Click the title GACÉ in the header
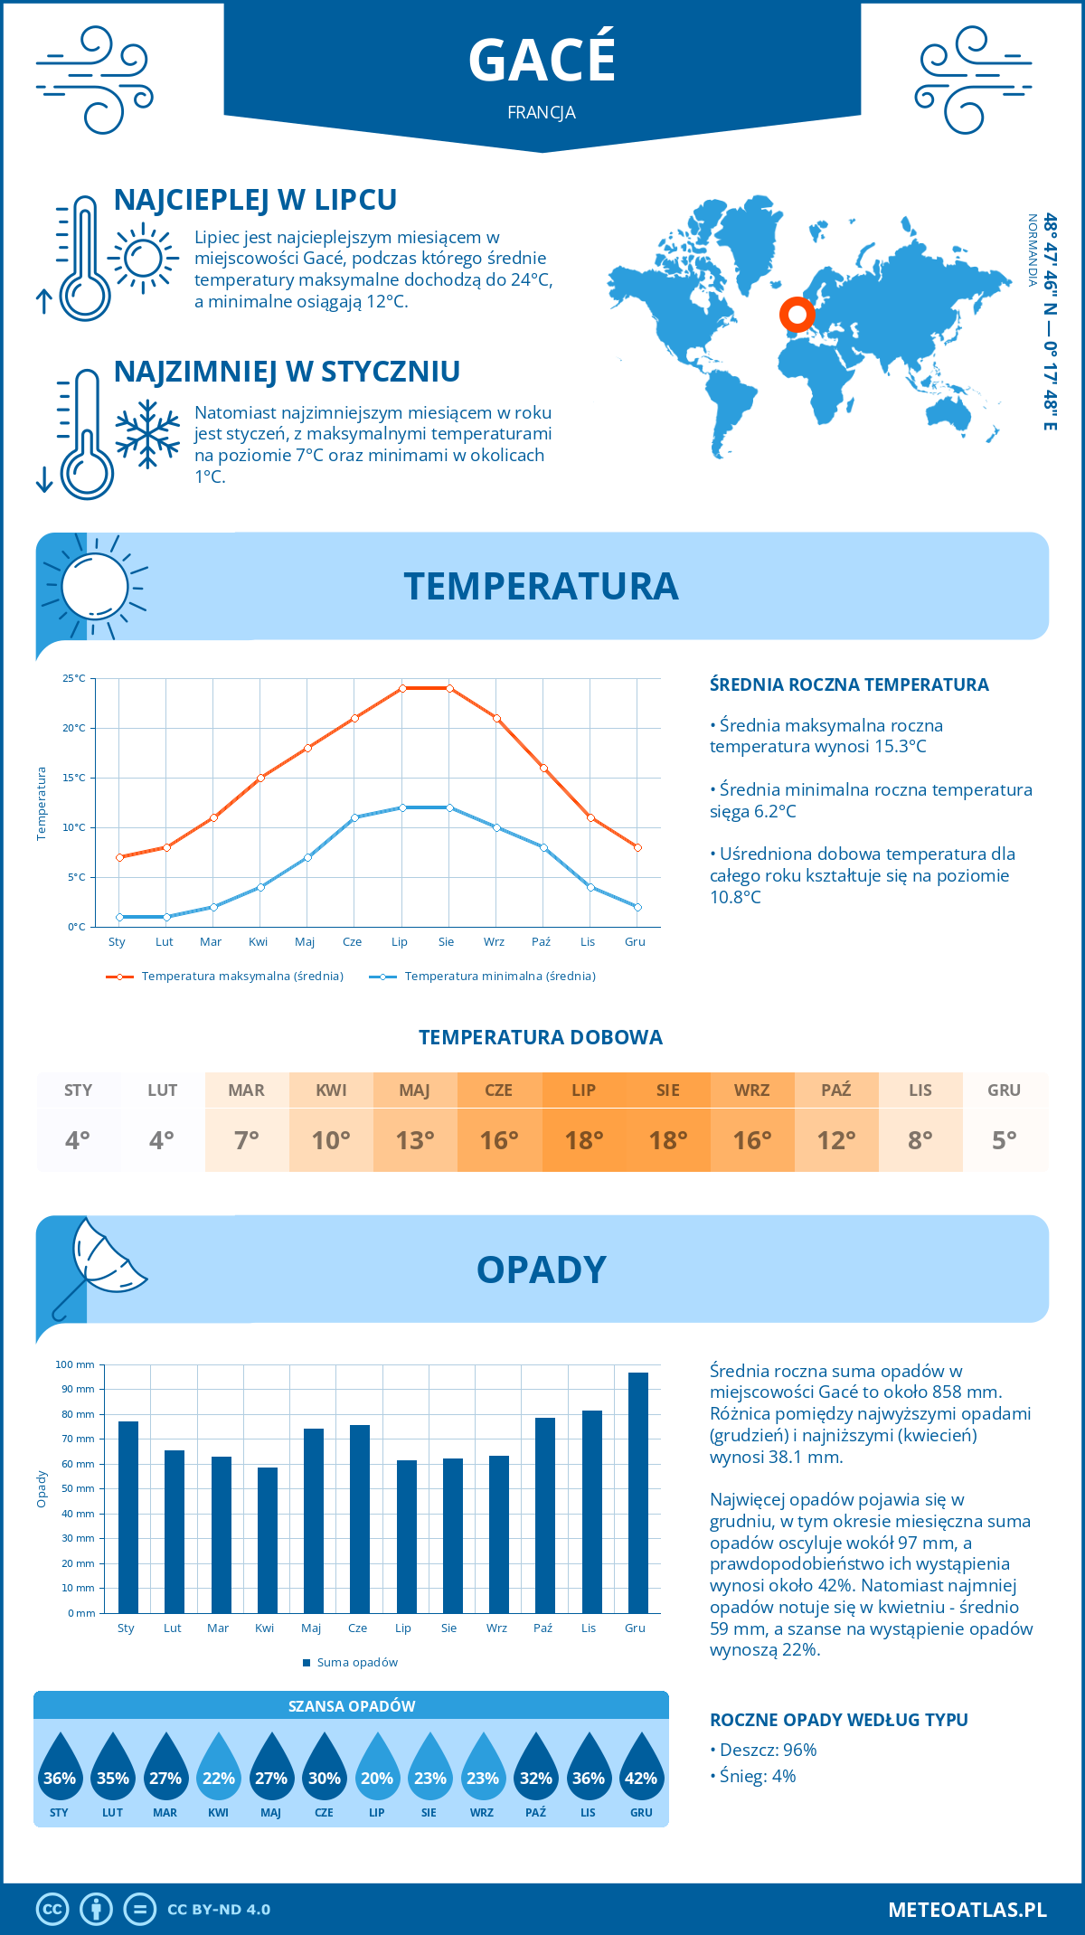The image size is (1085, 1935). pos(542,60)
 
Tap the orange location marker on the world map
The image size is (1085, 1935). pos(797,315)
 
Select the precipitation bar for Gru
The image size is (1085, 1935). pos(638,1492)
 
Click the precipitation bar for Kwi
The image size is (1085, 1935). pos(267,1540)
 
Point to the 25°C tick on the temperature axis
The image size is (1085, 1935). pos(74,678)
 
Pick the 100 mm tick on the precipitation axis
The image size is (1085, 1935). pos(76,1364)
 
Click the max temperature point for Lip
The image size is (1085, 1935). pos(402,688)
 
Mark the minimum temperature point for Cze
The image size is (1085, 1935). pos(354,817)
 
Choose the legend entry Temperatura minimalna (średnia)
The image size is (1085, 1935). pos(483,977)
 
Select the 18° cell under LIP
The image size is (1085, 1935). pos(583,1140)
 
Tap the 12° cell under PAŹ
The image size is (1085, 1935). pos(836,1140)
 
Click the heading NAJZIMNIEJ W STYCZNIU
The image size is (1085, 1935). pos(287,372)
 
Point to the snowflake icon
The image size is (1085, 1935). pos(147,434)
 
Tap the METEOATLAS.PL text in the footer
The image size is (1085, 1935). pos(967,1910)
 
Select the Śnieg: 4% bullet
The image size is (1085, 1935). pos(753,1776)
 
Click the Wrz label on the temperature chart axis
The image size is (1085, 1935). pos(494,942)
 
